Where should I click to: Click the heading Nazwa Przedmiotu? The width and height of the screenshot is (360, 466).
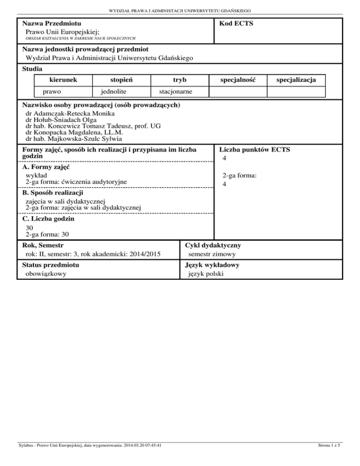(x=51, y=23)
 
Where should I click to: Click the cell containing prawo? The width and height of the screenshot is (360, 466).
(x=52, y=91)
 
